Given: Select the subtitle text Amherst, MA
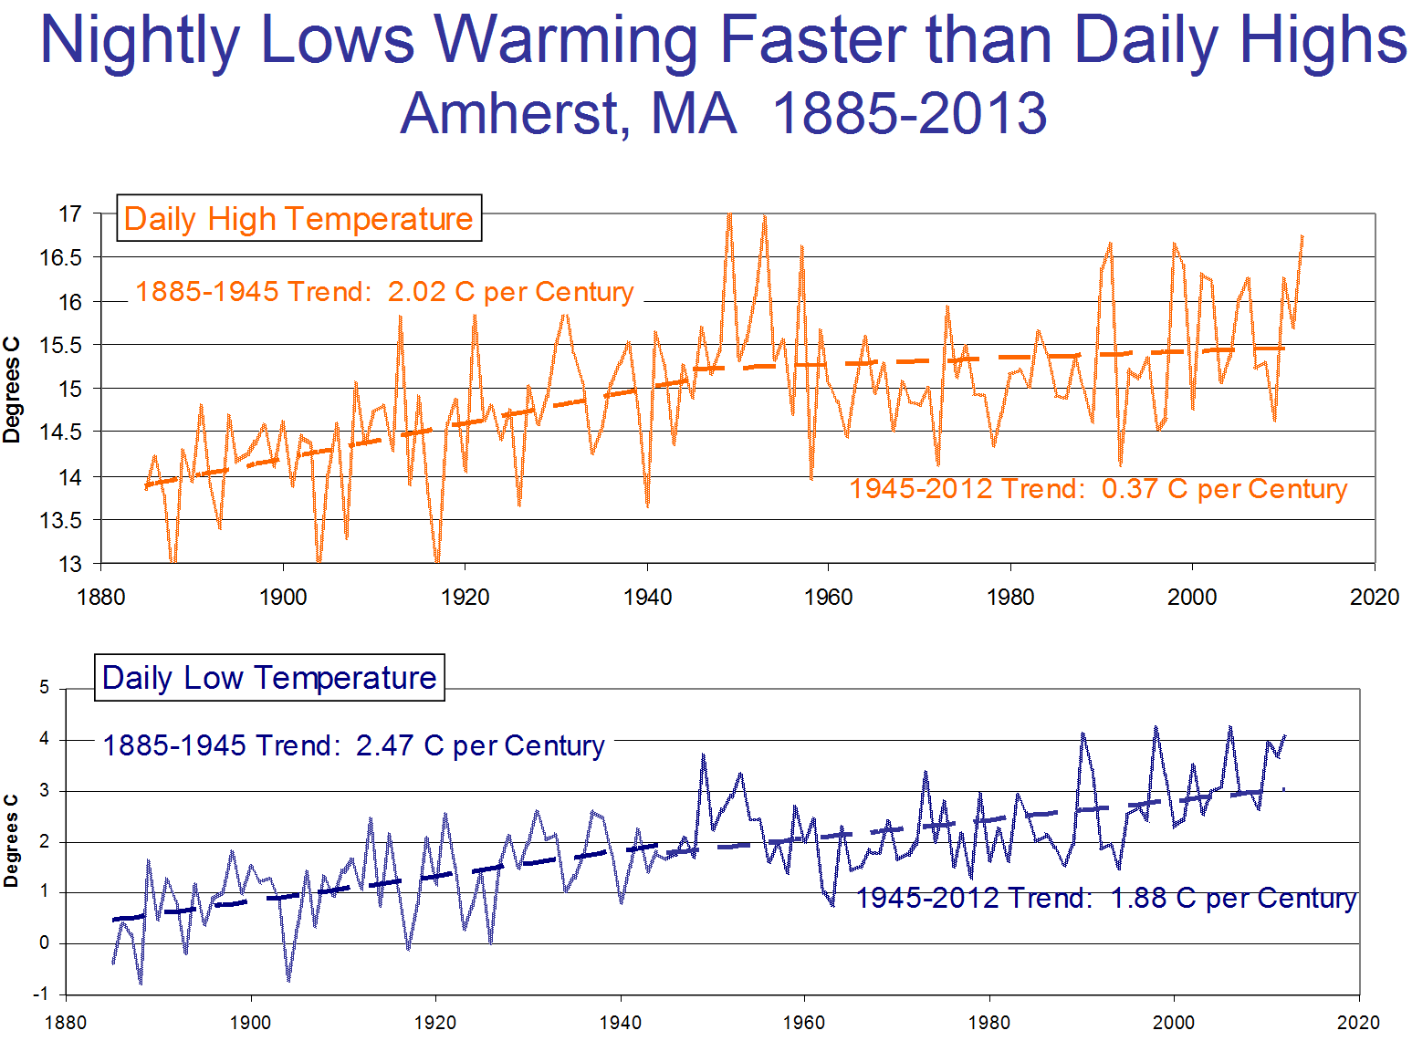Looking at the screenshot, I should [x=568, y=114].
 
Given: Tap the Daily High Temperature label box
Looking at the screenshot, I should [x=298, y=219].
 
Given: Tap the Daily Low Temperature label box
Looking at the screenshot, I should [x=269, y=678].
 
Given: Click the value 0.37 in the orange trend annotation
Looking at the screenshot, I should [x=1130, y=489].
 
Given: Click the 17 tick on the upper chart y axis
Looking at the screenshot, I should [x=70, y=214].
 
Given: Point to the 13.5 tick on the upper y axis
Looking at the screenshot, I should [x=61, y=521].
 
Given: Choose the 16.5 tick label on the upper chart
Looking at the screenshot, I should [x=61, y=258].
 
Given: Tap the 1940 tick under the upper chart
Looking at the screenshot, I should [x=647, y=598].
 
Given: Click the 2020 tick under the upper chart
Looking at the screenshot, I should [x=1374, y=598].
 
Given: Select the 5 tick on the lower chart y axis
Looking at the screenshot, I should [x=45, y=688].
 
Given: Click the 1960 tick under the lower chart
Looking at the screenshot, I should [x=804, y=1023].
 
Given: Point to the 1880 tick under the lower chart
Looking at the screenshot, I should [x=66, y=1023].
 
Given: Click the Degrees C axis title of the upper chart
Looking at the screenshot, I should [x=12, y=390].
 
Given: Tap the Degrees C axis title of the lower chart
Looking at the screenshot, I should [x=12, y=840].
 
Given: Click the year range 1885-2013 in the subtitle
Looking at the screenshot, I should [x=910, y=114].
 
